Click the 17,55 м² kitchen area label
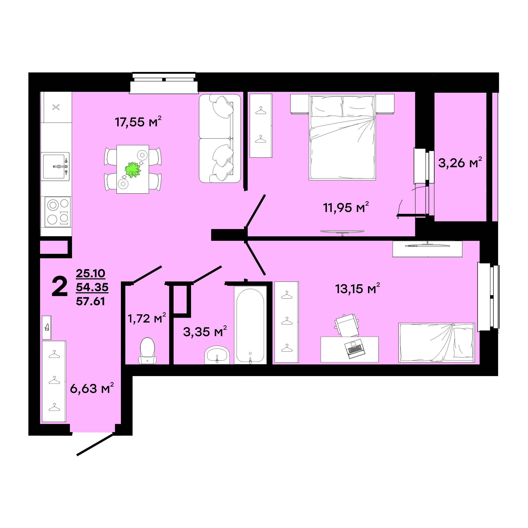tap(138, 122)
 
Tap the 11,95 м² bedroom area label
tap(346, 207)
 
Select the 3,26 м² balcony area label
tap(460, 163)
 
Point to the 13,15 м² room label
tap(358, 289)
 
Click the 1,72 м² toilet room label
tap(147, 318)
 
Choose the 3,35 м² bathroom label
tap(205, 332)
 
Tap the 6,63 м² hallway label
tap(92, 388)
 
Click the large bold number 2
tap(60, 286)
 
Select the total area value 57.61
tap(90, 301)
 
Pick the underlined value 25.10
tap(90, 273)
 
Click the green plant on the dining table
tap(133, 170)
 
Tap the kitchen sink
tap(55, 166)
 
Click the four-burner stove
tap(58, 212)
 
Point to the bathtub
tap(250, 325)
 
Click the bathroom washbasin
tap(217, 355)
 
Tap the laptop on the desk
tap(355, 348)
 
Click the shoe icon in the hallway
tap(47, 327)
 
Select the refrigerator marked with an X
tap(56, 107)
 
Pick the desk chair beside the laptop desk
tap(347, 325)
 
